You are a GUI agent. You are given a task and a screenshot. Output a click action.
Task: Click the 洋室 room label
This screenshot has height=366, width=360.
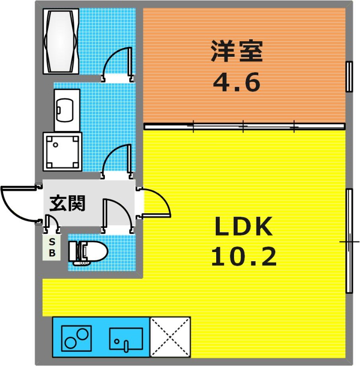point(236,51)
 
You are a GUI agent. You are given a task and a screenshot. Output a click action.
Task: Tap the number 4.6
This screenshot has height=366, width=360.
point(236,82)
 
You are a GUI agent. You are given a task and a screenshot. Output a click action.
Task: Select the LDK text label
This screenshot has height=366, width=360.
point(244,226)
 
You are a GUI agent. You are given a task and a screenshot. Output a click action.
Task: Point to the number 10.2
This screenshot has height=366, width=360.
point(244,257)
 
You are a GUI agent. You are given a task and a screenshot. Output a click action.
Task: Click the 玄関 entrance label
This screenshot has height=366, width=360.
point(67,203)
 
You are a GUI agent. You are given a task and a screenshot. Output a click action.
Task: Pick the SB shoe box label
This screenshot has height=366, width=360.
point(52,248)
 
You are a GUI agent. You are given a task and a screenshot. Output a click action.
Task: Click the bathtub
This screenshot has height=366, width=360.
point(61,41)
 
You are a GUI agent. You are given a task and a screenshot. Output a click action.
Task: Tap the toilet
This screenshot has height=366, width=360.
point(88,253)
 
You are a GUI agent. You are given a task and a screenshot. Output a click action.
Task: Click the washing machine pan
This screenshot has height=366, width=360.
point(62,152)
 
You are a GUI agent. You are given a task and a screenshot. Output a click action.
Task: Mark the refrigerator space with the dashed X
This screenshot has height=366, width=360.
point(170,337)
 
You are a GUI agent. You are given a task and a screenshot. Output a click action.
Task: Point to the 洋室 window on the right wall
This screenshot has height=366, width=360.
point(349,76)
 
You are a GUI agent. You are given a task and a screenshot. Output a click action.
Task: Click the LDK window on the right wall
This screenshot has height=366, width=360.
point(349,241)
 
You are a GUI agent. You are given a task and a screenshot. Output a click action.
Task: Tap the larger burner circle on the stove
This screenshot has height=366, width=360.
point(83,334)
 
